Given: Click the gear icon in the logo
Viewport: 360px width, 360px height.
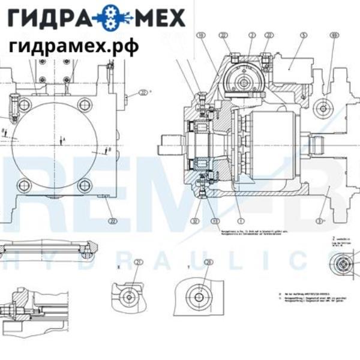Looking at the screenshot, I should [112, 19].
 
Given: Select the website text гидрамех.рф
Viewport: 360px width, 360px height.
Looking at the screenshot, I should [73, 46].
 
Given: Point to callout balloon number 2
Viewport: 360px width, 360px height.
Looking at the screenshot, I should [251, 37].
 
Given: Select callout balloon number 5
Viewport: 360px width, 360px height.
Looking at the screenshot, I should [304, 37].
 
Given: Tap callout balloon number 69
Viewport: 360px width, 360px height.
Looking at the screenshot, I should [334, 37].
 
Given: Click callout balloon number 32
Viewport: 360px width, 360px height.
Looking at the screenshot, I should [195, 221].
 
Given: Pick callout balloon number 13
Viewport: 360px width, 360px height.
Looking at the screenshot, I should [215, 221].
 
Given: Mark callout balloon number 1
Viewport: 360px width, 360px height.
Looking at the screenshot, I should [239, 221].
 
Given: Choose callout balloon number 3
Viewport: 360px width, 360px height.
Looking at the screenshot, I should [320, 221].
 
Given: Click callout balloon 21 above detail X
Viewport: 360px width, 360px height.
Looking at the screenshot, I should [139, 262].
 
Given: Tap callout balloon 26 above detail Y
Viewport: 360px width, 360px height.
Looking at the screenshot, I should [208, 262].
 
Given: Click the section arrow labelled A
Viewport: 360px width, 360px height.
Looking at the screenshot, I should [62, 140].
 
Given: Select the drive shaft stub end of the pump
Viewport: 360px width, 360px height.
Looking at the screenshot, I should [170, 145].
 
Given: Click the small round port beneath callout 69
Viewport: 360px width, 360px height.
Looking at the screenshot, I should [325, 109].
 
